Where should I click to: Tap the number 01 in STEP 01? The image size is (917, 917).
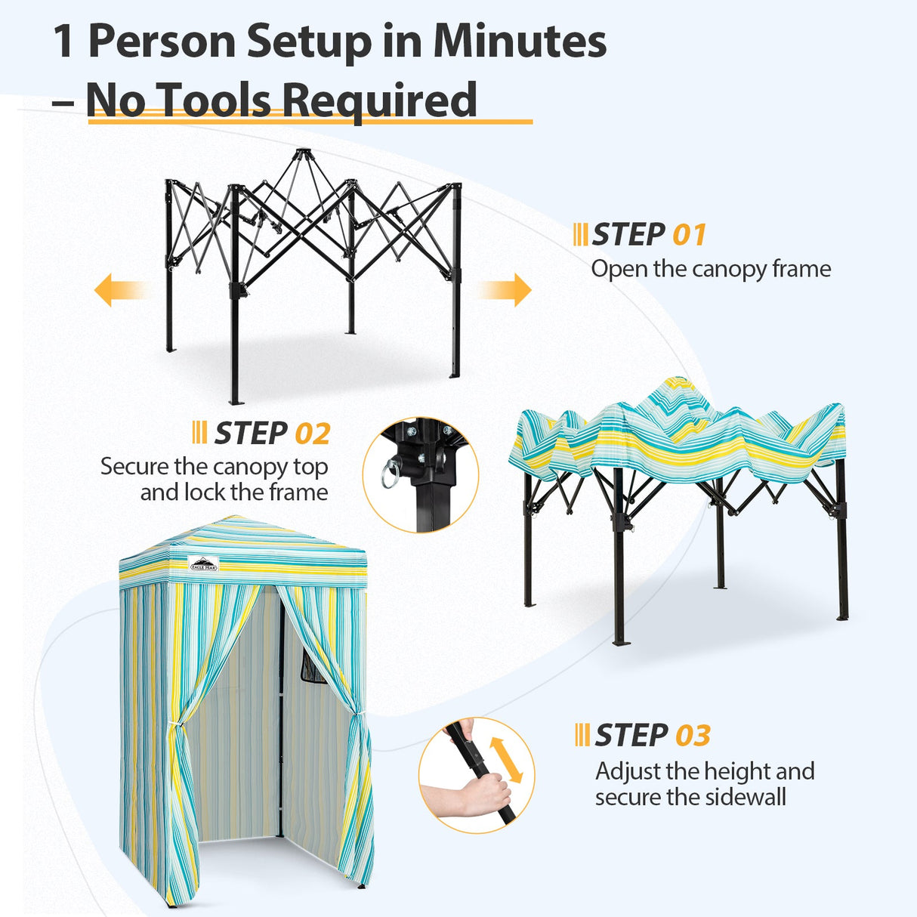[689, 235]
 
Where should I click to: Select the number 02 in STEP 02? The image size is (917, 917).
[312, 434]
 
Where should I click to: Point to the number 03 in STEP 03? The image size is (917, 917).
[693, 736]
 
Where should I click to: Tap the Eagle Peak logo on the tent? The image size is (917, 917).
[203, 563]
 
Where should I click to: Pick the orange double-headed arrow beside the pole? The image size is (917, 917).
[506, 760]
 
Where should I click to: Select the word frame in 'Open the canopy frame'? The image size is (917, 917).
[800, 269]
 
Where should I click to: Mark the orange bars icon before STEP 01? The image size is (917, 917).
[580, 235]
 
